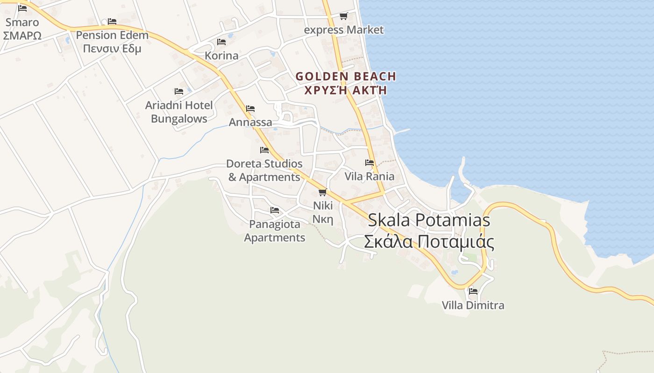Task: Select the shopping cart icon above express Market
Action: [344, 16]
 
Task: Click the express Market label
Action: [344, 30]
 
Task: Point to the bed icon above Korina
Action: [221, 42]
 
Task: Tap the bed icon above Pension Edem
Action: [112, 21]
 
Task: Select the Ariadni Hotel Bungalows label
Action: [179, 112]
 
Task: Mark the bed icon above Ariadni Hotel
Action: [179, 91]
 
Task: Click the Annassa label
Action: [250, 122]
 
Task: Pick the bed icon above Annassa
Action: [250, 109]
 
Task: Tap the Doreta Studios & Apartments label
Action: [264, 170]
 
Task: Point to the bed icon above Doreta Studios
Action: [264, 150]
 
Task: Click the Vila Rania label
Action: [370, 176]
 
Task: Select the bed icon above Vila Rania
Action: [370, 163]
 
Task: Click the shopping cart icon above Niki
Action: [322, 192]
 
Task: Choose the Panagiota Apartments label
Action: [275, 231]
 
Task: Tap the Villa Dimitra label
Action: [473, 305]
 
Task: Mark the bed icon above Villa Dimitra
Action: [473, 292]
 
